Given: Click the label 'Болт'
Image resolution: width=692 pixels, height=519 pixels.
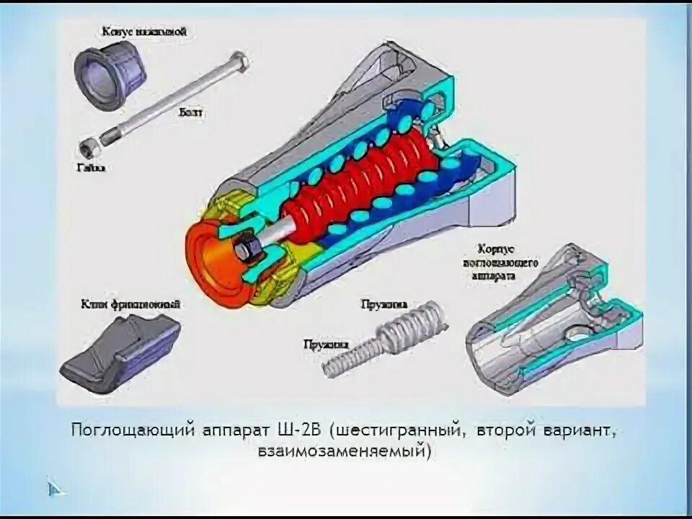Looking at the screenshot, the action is pyautogui.click(x=189, y=113).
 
